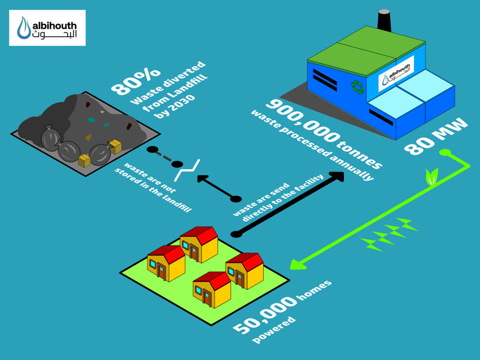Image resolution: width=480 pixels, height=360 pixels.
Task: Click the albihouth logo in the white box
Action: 48,28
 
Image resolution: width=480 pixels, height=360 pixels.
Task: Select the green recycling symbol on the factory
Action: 357,86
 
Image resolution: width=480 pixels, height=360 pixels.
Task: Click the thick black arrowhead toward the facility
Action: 337,177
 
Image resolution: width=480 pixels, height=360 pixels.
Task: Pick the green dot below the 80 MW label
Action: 444,152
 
